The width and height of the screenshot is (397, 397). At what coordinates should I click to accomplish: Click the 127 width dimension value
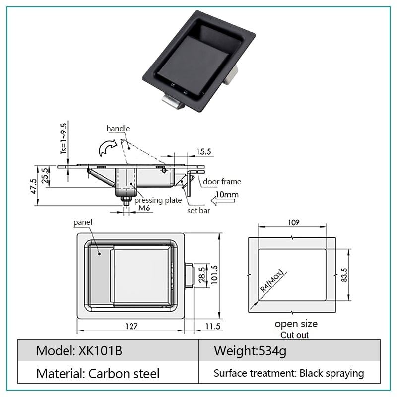click(132, 326)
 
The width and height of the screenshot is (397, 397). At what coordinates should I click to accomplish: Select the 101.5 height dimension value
click(214, 275)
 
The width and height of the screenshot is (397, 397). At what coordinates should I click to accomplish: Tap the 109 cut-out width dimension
click(294, 222)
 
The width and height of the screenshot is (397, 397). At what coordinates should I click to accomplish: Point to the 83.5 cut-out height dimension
click(344, 275)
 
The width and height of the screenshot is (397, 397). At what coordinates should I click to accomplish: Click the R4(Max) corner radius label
click(272, 281)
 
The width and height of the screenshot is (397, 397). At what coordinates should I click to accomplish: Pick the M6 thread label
click(144, 208)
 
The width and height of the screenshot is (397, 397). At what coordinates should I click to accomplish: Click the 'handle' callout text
click(118, 129)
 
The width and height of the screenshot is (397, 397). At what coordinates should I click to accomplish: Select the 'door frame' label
click(222, 182)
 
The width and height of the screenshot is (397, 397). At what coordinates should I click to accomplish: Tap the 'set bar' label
click(198, 210)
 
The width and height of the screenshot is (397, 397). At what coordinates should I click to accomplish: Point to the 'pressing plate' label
click(158, 200)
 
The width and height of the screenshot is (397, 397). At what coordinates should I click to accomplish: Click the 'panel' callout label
click(83, 222)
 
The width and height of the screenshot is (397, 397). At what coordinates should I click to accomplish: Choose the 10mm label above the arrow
click(227, 194)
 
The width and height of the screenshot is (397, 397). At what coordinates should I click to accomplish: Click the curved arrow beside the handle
click(108, 147)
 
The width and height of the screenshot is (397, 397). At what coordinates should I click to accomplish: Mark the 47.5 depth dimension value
click(34, 186)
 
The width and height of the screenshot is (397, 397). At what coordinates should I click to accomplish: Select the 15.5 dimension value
click(203, 152)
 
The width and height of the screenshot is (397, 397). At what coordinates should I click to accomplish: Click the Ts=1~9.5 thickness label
click(64, 139)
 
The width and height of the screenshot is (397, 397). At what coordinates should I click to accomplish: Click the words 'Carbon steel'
click(124, 374)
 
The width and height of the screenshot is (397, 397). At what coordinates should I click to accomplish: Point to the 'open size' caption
click(296, 324)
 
